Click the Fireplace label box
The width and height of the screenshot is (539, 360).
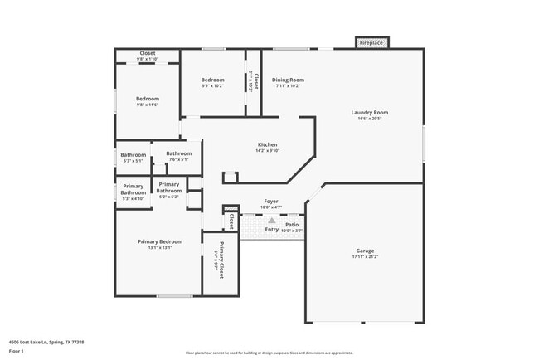371,42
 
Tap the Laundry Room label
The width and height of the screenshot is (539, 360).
370,113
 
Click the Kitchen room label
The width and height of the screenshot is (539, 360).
266,144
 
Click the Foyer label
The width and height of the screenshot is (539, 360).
270,201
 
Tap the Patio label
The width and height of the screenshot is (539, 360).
292,224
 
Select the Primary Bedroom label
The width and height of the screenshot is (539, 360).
159,241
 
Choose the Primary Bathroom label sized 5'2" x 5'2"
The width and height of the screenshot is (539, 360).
169,187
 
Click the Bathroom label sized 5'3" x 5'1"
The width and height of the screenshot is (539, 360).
133,155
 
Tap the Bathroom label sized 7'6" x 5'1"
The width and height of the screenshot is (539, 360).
177,153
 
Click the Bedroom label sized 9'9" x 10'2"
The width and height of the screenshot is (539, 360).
212,80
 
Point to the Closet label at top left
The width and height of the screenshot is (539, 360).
147,53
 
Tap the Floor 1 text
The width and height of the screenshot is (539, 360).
17,350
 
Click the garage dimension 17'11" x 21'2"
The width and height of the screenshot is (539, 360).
364,256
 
